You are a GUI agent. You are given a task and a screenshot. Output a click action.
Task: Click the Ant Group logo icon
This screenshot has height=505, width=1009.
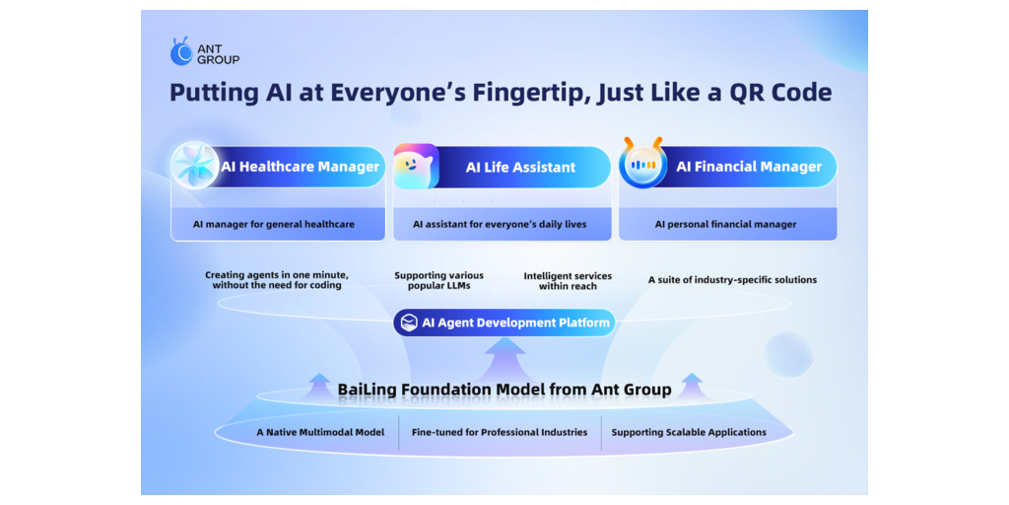(181, 51)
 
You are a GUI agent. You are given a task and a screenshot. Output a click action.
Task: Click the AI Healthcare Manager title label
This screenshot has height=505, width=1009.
(300, 167)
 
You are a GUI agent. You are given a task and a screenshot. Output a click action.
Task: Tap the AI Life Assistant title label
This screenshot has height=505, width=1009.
(520, 168)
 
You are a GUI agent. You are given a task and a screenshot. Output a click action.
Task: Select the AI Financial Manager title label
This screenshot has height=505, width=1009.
(749, 167)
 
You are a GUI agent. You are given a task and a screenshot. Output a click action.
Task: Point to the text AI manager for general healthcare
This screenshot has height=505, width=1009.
(274, 225)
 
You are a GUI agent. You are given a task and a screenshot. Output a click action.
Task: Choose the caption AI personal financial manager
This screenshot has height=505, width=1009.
(725, 225)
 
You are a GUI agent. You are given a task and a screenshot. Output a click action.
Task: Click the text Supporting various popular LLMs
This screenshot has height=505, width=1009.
(438, 280)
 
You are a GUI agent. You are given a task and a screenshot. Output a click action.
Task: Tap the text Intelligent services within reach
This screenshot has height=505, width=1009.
(568, 280)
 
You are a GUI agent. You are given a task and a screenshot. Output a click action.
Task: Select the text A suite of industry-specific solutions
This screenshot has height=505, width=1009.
(732, 280)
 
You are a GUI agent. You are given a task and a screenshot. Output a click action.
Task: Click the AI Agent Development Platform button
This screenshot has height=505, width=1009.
(504, 323)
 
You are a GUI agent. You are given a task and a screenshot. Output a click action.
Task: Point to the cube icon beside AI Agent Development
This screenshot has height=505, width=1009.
(409, 323)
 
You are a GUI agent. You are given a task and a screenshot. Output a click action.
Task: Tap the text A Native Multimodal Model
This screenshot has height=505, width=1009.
(320, 432)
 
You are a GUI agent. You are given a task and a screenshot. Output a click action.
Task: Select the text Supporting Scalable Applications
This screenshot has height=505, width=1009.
(689, 432)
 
